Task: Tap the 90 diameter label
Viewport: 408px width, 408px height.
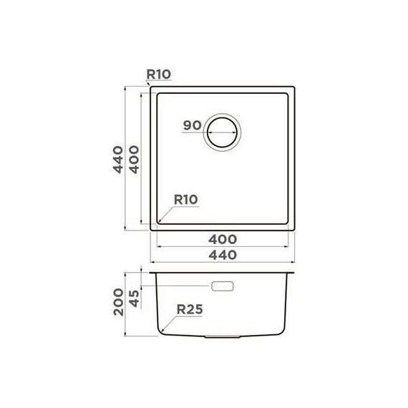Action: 191,125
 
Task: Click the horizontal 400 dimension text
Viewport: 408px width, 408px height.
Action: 223,238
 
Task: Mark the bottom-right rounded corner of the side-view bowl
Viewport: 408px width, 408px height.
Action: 284,330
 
